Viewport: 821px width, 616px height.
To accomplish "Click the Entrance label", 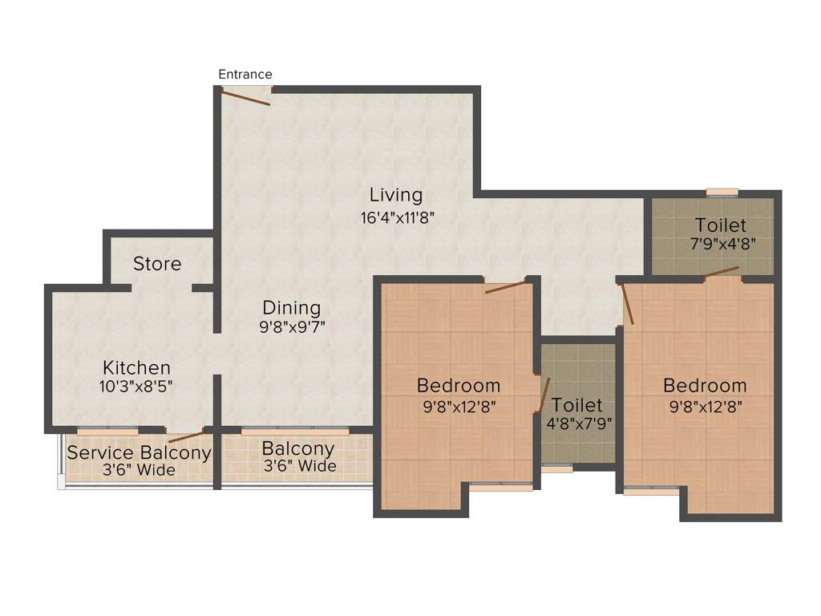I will coord(245,75).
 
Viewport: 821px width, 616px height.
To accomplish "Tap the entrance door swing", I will coord(246,98).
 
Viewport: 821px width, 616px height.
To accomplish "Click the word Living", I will coord(395,195).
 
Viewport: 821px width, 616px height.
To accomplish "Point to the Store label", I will coord(157,264).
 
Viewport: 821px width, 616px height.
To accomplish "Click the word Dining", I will coord(291,307).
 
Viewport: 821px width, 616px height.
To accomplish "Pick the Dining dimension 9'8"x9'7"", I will coord(291,326).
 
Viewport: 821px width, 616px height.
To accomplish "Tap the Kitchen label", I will coord(136,367).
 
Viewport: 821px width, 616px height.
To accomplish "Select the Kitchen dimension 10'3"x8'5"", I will coord(136,386).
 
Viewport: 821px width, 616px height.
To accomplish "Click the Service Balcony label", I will coord(139,453).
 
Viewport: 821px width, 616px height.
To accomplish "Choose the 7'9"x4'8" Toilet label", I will coord(721,225).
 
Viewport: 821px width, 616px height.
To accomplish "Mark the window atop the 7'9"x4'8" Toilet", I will coord(722,192).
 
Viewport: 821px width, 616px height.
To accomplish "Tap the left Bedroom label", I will coord(459,386).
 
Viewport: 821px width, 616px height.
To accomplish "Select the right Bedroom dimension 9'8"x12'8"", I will coord(705,406).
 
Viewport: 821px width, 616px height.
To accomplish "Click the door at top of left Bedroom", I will coord(506,286).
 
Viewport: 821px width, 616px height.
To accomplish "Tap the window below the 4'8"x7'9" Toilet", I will coord(556,469).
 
